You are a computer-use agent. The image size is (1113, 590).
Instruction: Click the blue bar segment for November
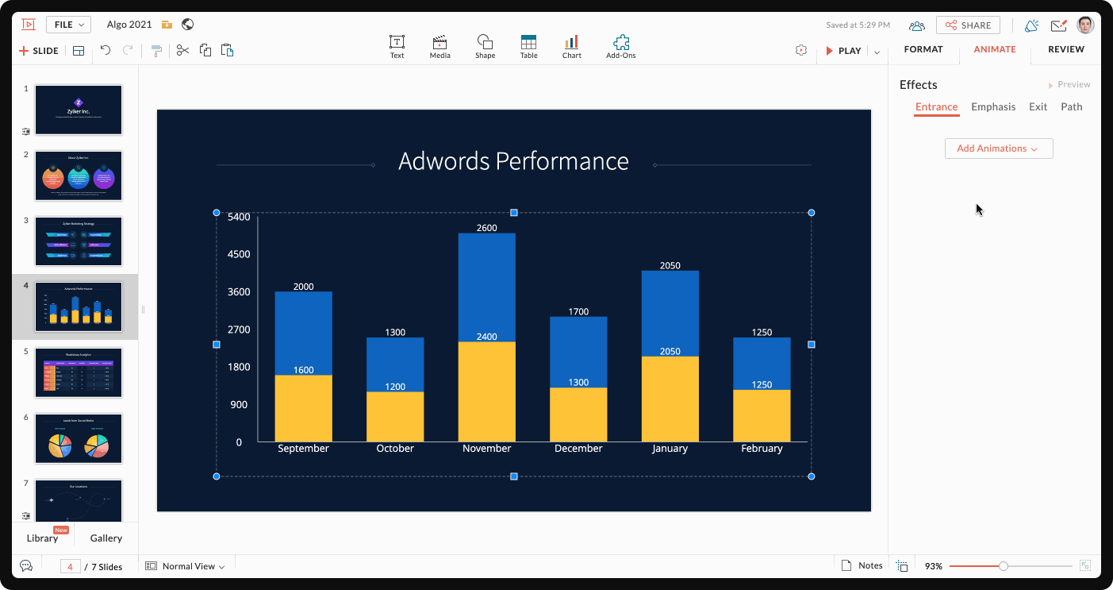[x=486, y=287]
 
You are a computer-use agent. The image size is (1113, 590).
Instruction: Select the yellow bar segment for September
[x=303, y=408]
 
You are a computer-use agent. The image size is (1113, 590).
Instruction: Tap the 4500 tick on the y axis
[x=239, y=255]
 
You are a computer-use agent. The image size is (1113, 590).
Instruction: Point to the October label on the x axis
[x=395, y=449]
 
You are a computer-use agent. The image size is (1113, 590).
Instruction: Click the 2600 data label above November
[x=486, y=228]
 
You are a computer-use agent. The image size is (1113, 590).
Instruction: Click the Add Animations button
[x=998, y=148]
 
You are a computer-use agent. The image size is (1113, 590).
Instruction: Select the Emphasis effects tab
[x=993, y=107]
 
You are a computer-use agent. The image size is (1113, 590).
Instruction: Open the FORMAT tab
[x=923, y=49]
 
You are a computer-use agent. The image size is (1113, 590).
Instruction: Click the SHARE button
[x=968, y=25]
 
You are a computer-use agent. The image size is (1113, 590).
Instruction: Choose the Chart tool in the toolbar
[x=571, y=47]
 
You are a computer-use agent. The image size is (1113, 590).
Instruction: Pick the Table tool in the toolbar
[x=528, y=47]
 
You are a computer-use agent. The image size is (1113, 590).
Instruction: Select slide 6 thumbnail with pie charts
[x=79, y=438]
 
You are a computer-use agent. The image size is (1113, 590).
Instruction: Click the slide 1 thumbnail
[x=79, y=110]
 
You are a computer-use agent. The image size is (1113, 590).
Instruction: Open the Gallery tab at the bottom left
[x=106, y=538]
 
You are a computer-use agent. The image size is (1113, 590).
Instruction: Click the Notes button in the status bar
[x=862, y=565]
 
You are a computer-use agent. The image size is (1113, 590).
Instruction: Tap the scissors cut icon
[x=182, y=51]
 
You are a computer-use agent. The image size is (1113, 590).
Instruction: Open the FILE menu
[x=68, y=25]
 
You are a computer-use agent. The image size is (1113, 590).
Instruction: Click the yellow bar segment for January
[x=670, y=399]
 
